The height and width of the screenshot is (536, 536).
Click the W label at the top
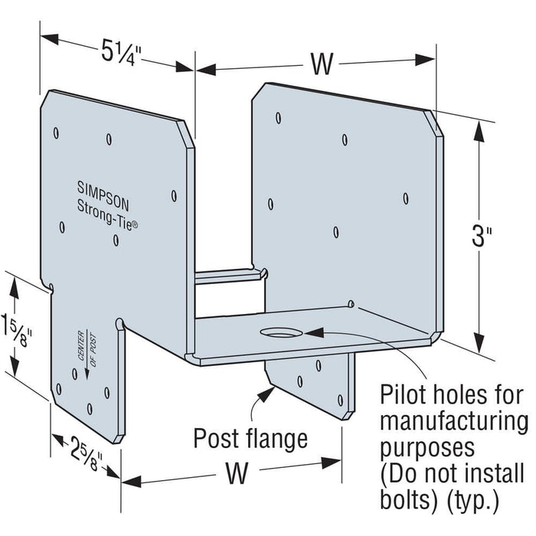322,64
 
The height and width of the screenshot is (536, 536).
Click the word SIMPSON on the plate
103,186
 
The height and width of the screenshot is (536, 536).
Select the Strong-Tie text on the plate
108,206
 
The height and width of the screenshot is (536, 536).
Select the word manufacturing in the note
454,420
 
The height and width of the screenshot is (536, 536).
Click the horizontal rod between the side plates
227,275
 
